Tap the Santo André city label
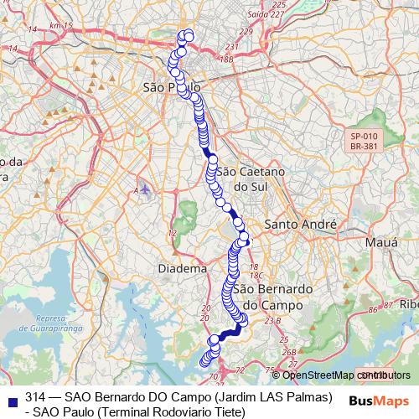299,225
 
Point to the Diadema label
181,269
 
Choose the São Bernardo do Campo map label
267,297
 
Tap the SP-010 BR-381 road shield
365,141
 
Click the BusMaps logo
379,400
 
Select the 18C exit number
256,274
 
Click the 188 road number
225,59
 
